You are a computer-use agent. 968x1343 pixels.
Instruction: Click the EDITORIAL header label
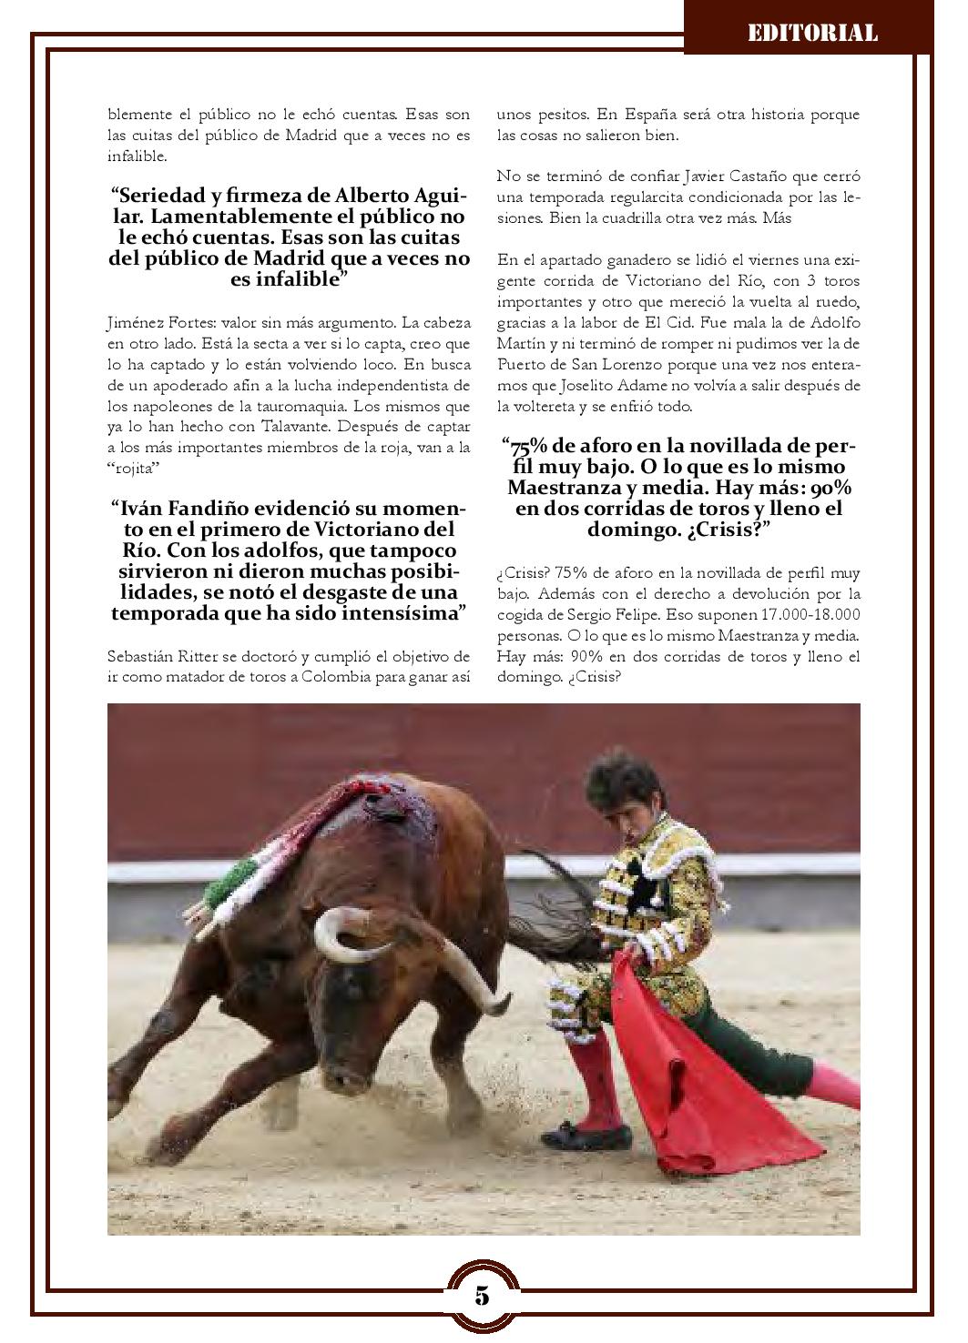[x=812, y=34]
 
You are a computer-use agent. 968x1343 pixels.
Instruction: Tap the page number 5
[x=482, y=1295]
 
